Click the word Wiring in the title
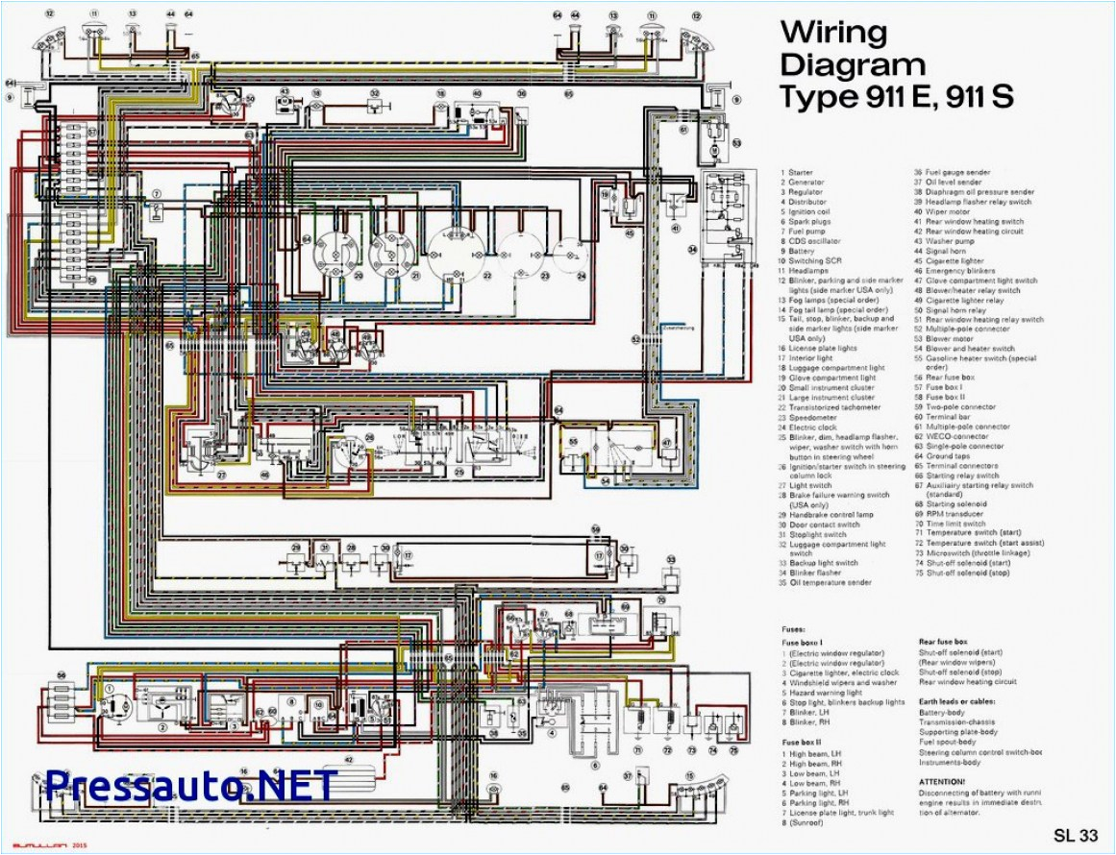(x=820, y=32)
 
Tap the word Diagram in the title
(x=852, y=64)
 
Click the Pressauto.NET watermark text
(x=191, y=785)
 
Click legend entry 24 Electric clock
(x=817, y=427)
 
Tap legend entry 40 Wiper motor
(x=946, y=211)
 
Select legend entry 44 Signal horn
(x=946, y=251)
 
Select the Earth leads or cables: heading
(x=961, y=702)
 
